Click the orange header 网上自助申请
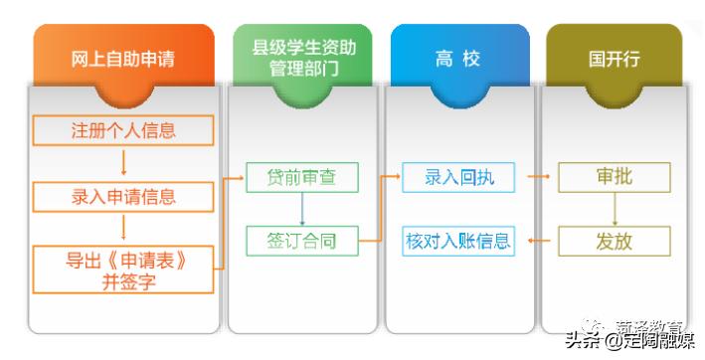[x=123, y=59]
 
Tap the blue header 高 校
[x=456, y=59]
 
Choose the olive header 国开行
[x=614, y=59]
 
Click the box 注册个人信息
[x=123, y=130]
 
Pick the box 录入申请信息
[x=123, y=196]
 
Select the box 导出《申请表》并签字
[x=123, y=270]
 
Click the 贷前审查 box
[x=301, y=178]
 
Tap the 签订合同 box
[x=301, y=240]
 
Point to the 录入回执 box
[x=458, y=178]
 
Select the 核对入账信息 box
[x=458, y=241]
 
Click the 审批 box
[x=614, y=178]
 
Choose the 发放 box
[x=614, y=241]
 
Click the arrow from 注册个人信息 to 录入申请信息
[x=123, y=163]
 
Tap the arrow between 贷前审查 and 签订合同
[x=301, y=209]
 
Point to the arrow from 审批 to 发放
[x=614, y=209]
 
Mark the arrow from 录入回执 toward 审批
[x=537, y=178]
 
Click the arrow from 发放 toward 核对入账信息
[x=537, y=241]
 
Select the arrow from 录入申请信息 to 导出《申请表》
[x=123, y=229]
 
